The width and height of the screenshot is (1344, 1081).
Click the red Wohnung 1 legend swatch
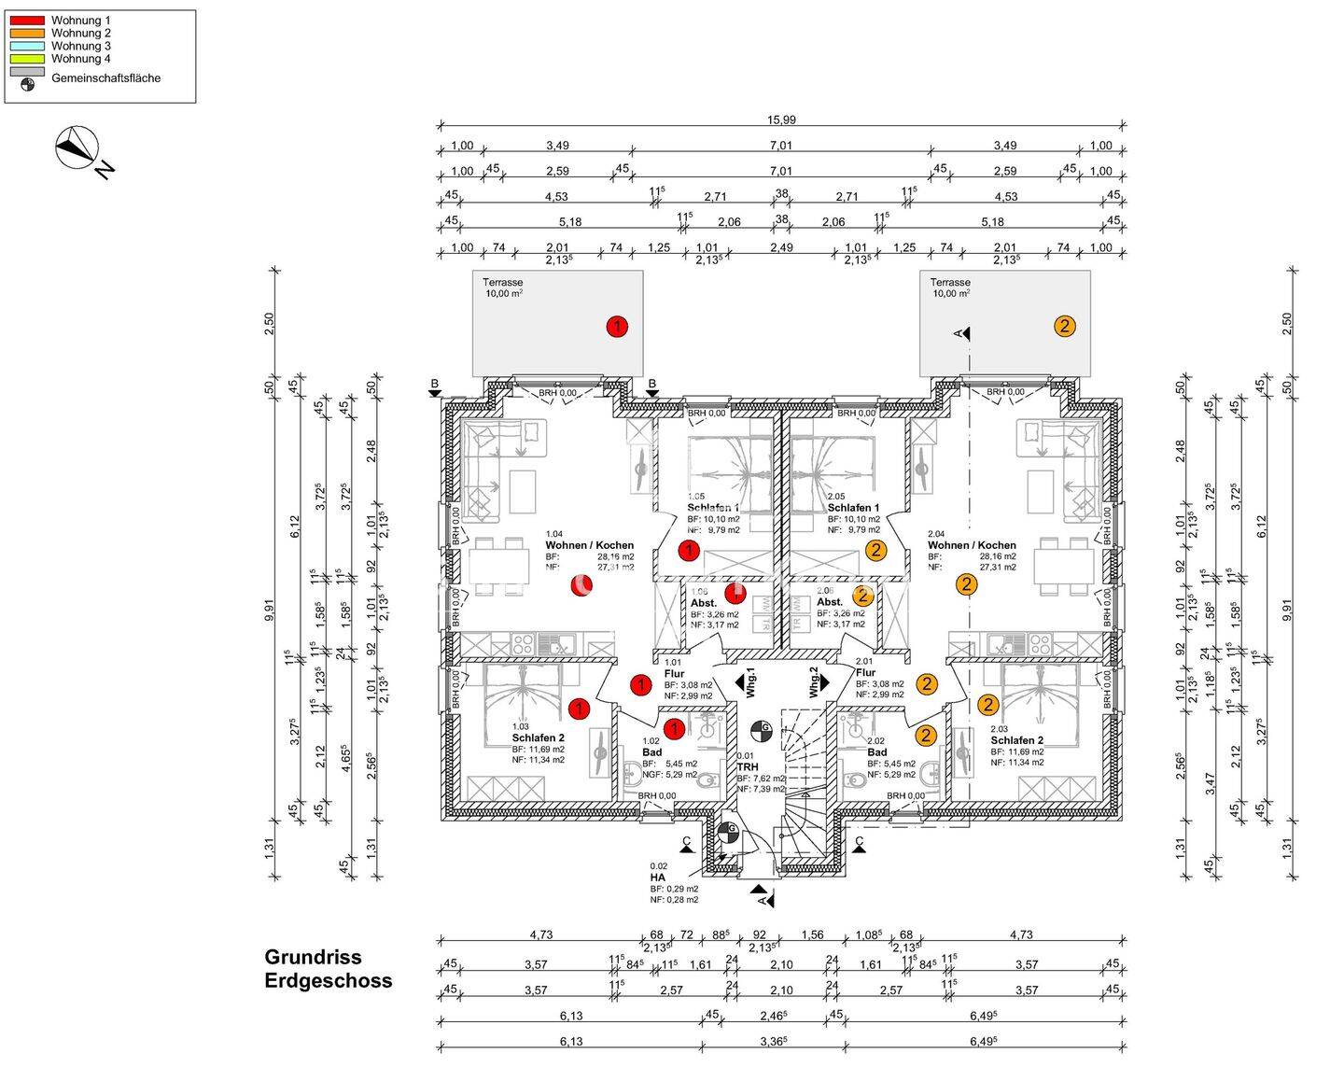coord(28,20)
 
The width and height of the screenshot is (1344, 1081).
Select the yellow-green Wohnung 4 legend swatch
coord(28,59)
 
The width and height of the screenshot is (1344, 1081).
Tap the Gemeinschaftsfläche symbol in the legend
coord(28,84)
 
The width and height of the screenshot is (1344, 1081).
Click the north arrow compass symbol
coord(77,147)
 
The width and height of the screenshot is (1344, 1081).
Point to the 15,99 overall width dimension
coord(781,119)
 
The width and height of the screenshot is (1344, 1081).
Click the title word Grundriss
coord(313,957)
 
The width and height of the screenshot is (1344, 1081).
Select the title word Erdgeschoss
coord(328,981)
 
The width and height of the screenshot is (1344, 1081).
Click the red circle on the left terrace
coord(617,326)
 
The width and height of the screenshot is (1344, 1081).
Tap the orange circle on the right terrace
coord(1065,326)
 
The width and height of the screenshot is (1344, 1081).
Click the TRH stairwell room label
coord(747,766)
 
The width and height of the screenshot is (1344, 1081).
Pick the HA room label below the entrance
coord(658,877)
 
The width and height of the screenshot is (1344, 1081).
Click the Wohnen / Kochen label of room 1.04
coord(589,545)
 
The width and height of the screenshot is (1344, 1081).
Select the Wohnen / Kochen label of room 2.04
coord(972,545)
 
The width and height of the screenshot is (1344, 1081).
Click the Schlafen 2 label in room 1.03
coord(539,737)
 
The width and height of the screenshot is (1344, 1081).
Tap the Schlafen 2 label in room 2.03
coord(1017,740)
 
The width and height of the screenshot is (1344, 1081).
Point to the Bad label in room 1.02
coord(651,752)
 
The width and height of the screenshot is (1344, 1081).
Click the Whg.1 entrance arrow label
coord(749,681)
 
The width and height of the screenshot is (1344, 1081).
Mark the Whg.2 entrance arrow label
coord(814,681)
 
